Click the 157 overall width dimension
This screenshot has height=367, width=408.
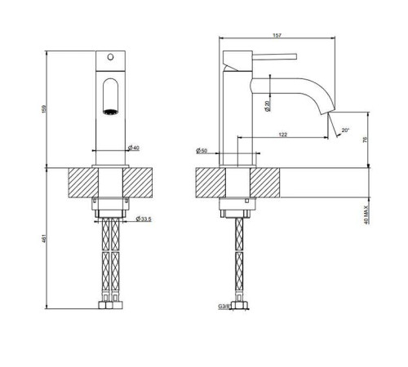click(277, 35)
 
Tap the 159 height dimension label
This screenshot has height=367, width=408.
click(45, 109)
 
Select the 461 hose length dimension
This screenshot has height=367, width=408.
click(45, 238)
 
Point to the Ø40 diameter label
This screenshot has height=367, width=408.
click(134, 148)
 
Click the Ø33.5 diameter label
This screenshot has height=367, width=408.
click(144, 219)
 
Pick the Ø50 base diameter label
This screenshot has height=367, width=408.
click(202, 150)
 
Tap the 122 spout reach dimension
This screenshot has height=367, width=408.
click(283, 135)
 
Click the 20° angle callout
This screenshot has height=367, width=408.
click(345, 130)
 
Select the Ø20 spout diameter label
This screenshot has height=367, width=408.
click(267, 106)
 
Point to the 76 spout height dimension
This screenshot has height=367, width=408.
click(365, 139)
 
